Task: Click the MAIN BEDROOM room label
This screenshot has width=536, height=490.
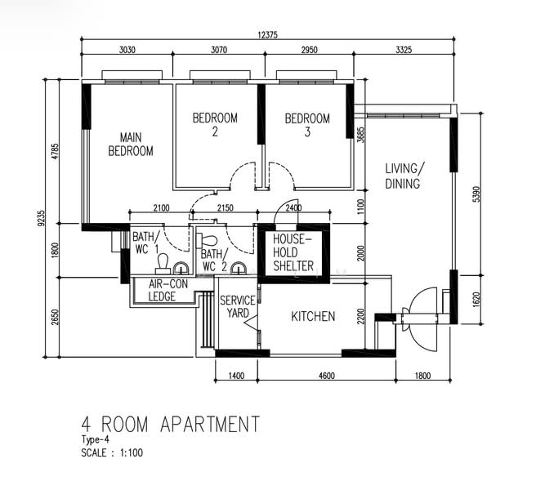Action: [131, 144]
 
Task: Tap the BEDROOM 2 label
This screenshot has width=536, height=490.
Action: [215, 125]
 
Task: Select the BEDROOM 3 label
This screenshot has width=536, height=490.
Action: [307, 125]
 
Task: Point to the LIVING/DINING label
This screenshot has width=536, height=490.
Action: [404, 176]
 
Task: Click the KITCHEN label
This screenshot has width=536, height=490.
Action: [313, 316]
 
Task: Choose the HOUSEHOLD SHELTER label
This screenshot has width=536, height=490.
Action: [293, 252]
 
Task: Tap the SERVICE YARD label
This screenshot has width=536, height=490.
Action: [237, 307]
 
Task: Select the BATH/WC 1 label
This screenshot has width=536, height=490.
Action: [146, 243]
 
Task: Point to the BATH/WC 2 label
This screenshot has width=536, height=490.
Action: [214, 260]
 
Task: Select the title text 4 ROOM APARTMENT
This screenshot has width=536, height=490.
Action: [170, 424]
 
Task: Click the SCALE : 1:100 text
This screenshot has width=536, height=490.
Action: [117, 452]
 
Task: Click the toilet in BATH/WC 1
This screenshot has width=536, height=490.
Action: [163, 261]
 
